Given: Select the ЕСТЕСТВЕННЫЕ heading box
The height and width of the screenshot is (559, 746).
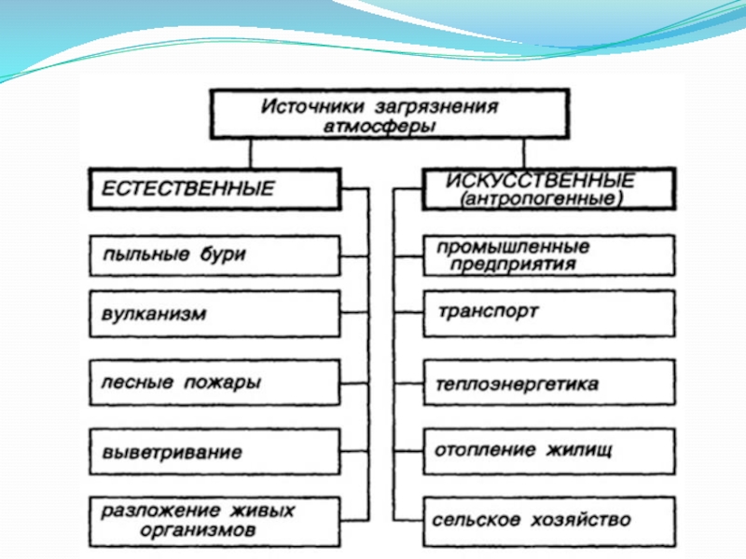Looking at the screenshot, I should [x=214, y=189].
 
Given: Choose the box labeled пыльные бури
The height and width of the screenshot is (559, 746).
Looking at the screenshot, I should [x=214, y=255].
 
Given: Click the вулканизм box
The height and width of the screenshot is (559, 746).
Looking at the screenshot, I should [x=214, y=314].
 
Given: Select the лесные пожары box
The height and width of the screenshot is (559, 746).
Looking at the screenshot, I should [x=214, y=382].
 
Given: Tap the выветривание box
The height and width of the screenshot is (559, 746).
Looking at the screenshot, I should [x=214, y=452].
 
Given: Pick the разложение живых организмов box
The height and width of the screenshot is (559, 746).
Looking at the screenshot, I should [x=214, y=520].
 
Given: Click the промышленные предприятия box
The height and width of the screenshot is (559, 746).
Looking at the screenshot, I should [x=547, y=255].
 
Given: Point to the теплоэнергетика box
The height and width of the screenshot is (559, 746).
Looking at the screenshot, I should [x=547, y=384].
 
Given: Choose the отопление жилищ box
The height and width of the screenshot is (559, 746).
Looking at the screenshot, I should [x=547, y=451].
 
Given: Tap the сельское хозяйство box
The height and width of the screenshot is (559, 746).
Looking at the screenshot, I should [x=547, y=520].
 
